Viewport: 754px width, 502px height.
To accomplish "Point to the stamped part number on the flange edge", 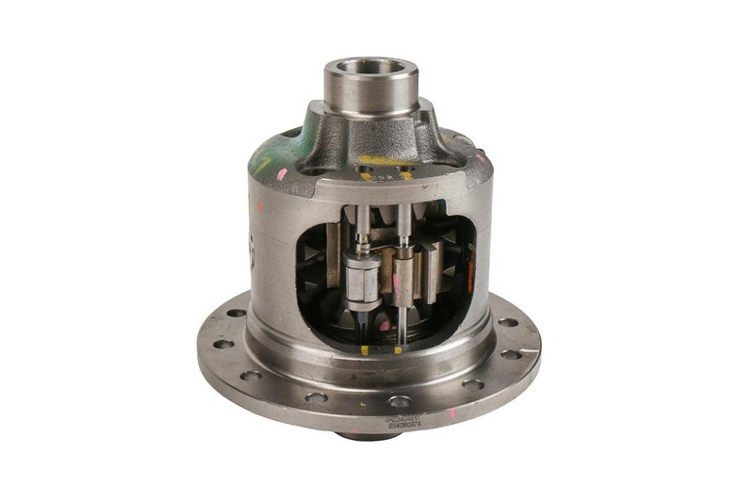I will tap(404, 420).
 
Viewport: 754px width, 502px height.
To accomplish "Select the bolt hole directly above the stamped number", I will tap(400, 401).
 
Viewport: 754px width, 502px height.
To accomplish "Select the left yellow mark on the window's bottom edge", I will tap(364, 350).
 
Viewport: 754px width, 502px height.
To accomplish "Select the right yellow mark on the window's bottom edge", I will tap(400, 350).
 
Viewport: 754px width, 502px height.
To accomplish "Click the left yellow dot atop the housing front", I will tap(366, 175).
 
